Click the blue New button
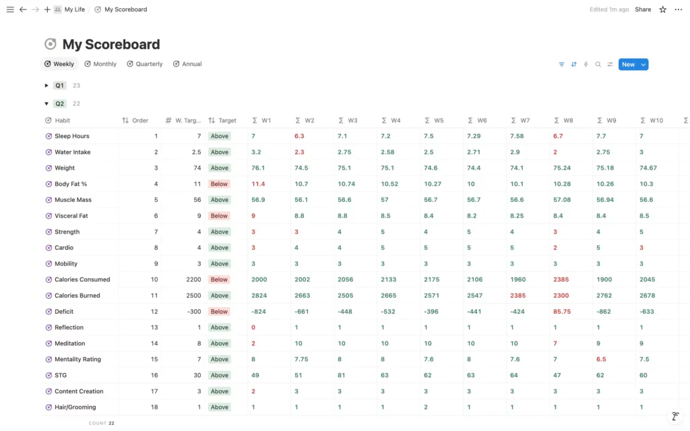coord(628,65)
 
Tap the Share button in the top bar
coord(643,9)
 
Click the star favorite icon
coord(662,9)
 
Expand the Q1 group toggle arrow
coord(46,86)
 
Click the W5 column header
coord(438,121)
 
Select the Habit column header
coord(62,121)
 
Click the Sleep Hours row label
coord(71,136)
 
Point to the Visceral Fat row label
coord(71,216)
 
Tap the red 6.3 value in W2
coord(300,136)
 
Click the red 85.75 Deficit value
coord(562,312)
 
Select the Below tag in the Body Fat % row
coord(219,184)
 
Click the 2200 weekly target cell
coord(192,279)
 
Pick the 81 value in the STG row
coord(342,375)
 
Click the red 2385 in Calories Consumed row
coord(561,279)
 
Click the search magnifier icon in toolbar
coord(598,65)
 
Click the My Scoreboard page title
coord(111,44)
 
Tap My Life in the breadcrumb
coord(74,9)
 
